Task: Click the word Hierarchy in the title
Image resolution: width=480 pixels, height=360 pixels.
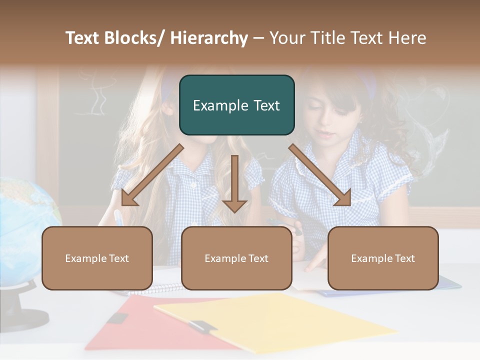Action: [208, 38]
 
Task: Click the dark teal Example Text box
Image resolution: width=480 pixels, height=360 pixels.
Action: [236, 105]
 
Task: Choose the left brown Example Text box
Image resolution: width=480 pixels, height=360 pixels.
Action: [97, 258]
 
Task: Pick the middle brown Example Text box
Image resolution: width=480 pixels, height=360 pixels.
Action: [236, 258]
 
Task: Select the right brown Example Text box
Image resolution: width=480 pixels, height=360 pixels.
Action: [383, 258]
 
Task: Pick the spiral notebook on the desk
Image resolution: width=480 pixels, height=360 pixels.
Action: [160, 288]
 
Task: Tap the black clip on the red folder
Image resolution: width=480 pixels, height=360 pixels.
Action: [117, 318]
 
